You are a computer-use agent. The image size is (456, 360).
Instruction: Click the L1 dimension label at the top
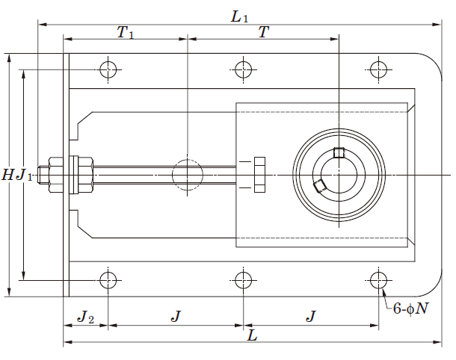click(x=239, y=16)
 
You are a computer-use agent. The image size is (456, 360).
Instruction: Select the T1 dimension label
click(x=126, y=32)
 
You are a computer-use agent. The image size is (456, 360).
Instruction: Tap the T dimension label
click(x=263, y=31)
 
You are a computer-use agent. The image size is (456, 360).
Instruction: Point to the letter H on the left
click(x=7, y=176)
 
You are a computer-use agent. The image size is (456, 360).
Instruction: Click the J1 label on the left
click(x=24, y=176)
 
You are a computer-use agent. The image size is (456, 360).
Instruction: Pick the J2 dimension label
click(x=85, y=317)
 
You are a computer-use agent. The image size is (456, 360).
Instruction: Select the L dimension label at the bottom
click(x=252, y=335)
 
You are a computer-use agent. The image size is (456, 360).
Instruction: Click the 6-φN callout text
click(x=410, y=308)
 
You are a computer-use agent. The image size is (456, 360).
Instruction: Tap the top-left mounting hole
click(x=108, y=69)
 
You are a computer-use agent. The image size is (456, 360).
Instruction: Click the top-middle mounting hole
click(x=244, y=69)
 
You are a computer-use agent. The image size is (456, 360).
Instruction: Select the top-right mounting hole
click(x=379, y=69)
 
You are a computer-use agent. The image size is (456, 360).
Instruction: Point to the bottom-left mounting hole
click(x=108, y=280)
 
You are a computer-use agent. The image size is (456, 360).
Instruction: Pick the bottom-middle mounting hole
click(x=244, y=280)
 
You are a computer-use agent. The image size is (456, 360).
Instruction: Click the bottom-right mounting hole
click(x=379, y=280)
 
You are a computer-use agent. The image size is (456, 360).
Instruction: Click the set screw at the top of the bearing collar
click(x=339, y=152)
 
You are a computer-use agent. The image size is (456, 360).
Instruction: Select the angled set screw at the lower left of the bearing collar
click(x=319, y=186)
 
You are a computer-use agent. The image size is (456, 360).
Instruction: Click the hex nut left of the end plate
click(x=56, y=175)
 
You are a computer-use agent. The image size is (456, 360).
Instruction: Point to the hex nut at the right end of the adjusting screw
click(x=259, y=175)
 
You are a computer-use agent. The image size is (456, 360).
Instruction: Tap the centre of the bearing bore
click(x=339, y=175)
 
